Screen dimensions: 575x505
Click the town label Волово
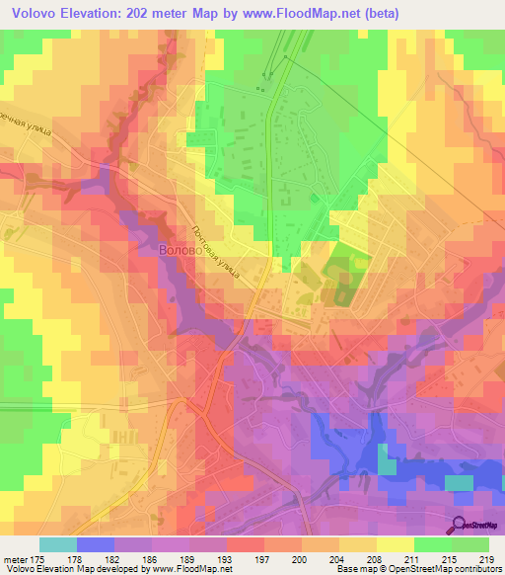[x=180, y=251]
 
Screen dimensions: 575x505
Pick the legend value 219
[x=485, y=558]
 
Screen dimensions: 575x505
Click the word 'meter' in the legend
[x=17, y=558]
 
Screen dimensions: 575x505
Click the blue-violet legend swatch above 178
[x=95, y=544]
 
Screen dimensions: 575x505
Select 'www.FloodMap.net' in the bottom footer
[x=187, y=569]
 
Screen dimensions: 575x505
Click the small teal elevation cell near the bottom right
[x=459, y=482]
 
